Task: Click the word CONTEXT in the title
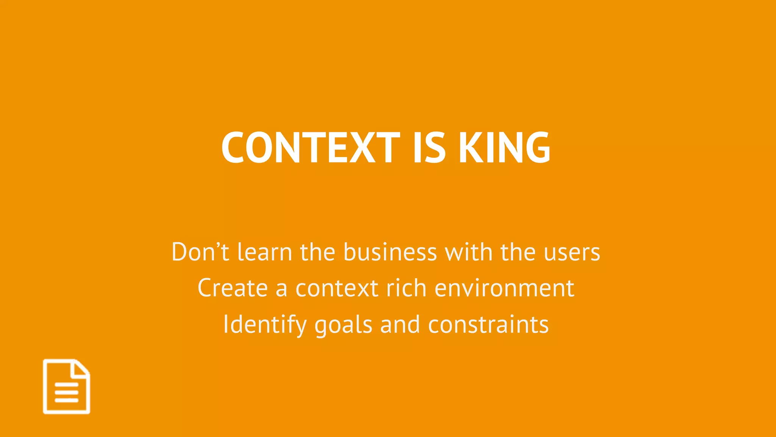point(311,148)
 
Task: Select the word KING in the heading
point(504,148)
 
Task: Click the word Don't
point(200,252)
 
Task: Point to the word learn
point(264,252)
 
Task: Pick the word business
point(390,252)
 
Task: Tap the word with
point(468,252)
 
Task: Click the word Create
point(233,288)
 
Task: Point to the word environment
point(504,288)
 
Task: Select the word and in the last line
point(400,325)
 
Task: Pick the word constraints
point(488,325)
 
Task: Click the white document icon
point(67,387)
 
